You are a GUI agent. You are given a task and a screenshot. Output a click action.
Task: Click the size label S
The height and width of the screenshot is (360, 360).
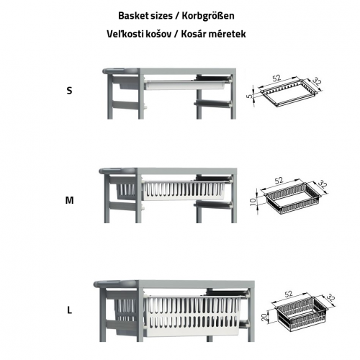pyautogui.click(x=69, y=91)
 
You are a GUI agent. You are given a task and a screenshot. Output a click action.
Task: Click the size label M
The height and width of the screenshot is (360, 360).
pyautogui.click(x=69, y=200)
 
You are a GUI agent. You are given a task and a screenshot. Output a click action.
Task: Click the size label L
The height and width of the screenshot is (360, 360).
pyautogui.click(x=69, y=310)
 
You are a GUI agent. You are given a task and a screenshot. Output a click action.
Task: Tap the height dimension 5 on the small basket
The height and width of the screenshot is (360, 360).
pyautogui.click(x=251, y=96)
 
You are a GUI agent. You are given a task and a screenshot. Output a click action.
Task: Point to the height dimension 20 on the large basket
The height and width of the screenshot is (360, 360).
pyautogui.click(x=264, y=318)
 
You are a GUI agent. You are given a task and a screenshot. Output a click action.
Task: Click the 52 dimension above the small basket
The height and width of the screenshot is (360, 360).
pyautogui.click(x=276, y=78)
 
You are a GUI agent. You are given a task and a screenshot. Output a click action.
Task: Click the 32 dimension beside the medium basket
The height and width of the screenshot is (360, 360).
pyautogui.click(x=323, y=184)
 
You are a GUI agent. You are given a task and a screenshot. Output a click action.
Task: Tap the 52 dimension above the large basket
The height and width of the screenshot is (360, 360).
pyautogui.click(x=288, y=294)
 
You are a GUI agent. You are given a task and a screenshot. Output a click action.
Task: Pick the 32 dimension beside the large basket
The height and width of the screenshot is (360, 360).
pyautogui.click(x=330, y=298)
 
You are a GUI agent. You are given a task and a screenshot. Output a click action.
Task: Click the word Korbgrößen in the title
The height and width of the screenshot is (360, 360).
pyautogui.click(x=208, y=16)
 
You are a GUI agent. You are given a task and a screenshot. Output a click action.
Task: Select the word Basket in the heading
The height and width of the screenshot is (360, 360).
pyautogui.click(x=132, y=16)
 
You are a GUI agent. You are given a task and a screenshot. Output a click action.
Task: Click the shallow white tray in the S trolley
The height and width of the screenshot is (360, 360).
pyautogui.click(x=185, y=85)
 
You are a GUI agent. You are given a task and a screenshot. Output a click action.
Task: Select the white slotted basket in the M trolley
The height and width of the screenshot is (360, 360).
pyautogui.click(x=184, y=191)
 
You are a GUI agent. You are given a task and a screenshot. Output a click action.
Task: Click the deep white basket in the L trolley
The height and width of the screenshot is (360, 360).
pyautogui.click(x=192, y=315)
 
